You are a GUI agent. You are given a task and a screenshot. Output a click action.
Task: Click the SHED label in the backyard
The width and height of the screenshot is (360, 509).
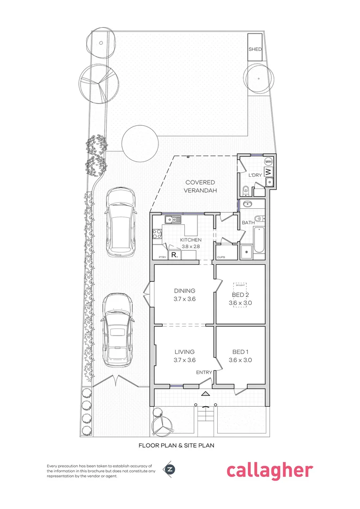pyautogui.click(x=255, y=49)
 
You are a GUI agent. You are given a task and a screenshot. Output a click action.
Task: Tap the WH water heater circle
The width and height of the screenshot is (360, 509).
pyautogui.click(x=268, y=161)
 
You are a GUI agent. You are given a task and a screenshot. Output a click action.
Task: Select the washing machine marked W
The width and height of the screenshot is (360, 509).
pyautogui.click(x=268, y=171)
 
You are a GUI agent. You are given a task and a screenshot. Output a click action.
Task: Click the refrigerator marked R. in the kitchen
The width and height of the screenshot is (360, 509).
pyautogui.click(x=174, y=255)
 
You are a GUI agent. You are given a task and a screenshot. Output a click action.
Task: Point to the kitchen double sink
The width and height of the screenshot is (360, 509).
pyautogui.click(x=173, y=219)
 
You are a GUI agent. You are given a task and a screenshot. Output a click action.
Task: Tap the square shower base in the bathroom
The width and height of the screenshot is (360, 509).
pyautogui.click(x=246, y=252)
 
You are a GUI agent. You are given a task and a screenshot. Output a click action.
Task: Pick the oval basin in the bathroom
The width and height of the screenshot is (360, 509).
pyautogui.click(x=247, y=204)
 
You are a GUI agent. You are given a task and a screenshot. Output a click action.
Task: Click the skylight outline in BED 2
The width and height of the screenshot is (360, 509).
pyautogui.click(x=240, y=295)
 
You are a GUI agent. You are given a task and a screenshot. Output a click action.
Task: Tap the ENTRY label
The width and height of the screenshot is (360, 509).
pyautogui.click(x=204, y=373)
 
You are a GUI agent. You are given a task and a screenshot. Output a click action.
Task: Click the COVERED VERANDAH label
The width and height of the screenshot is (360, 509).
pyautogui.click(x=200, y=186)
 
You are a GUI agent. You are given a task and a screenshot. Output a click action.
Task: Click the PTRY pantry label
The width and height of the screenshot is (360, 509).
pyautogui.click(x=161, y=257)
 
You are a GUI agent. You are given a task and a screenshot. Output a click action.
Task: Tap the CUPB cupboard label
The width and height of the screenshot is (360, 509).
pyautogui.click(x=221, y=257)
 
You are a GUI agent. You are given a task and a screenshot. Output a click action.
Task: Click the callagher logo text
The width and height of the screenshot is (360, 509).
pyautogui.click(x=269, y=470)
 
